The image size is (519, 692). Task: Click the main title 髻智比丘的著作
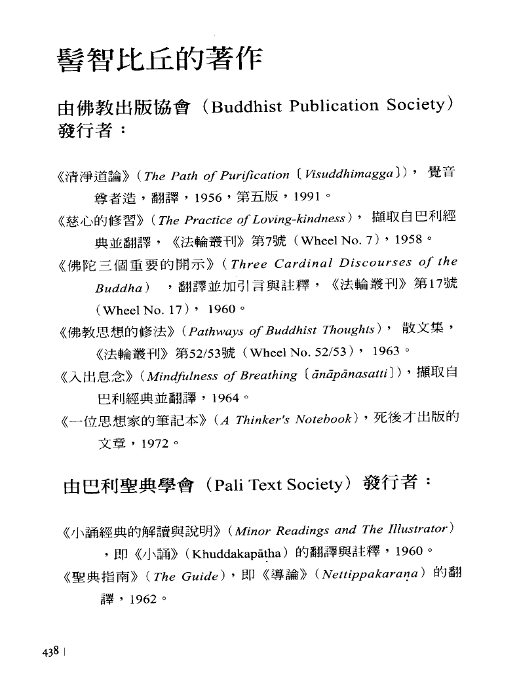click(x=160, y=62)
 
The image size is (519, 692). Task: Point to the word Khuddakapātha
click(x=225, y=552)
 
